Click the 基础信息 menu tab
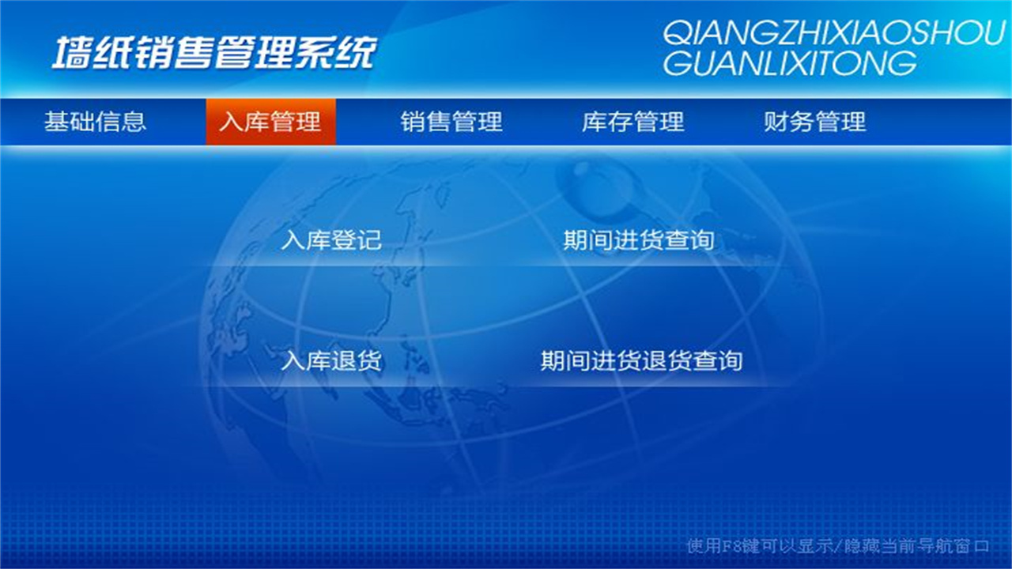[x=95, y=122]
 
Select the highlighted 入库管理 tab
[x=270, y=122]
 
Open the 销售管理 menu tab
[x=451, y=122]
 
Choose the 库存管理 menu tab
[x=633, y=122]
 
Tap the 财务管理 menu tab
[x=815, y=122]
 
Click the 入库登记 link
[x=331, y=239]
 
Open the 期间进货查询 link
[x=639, y=239]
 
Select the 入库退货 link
[x=331, y=361]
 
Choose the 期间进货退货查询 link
[x=641, y=361]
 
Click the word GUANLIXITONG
[x=789, y=63]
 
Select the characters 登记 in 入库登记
[x=357, y=239]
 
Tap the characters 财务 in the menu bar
[x=789, y=122]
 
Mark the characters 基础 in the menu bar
[x=70, y=122]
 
